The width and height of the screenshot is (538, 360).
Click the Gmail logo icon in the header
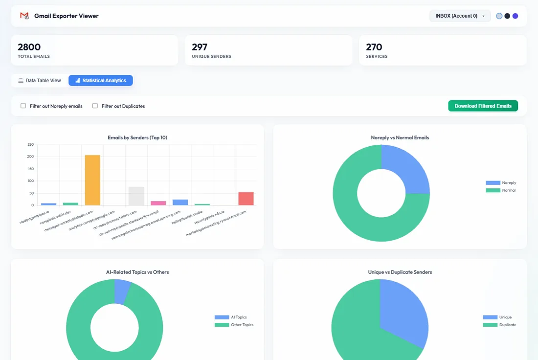(x=24, y=16)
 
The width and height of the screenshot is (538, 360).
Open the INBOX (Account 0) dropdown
(x=460, y=16)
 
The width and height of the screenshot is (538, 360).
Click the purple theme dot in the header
(x=515, y=16)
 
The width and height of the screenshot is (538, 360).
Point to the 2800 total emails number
(x=29, y=47)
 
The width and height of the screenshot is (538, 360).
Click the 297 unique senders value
(x=200, y=47)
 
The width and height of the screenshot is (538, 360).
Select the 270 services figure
(x=374, y=47)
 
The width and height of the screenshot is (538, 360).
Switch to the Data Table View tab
(x=40, y=81)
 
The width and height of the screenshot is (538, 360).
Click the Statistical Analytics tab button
(x=101, y=81)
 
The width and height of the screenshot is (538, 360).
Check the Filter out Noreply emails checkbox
(x=23, y=106)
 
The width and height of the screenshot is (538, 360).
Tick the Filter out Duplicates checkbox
(x=95, y=106)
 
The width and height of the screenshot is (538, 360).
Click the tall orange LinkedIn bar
(x=92, y=180)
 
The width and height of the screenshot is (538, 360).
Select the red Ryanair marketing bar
(x=246, y=199)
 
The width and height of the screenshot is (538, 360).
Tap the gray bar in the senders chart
(x=136, y=196)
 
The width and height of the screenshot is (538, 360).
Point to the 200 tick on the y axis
(x=30, y=157)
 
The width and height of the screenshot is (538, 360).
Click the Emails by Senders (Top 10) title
(x=137, y=137)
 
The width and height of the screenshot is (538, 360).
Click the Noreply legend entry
(x=501, y=183)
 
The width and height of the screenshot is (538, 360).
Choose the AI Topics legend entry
(x=230, y=317)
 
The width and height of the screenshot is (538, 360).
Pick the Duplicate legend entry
(x=499, y=325)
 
